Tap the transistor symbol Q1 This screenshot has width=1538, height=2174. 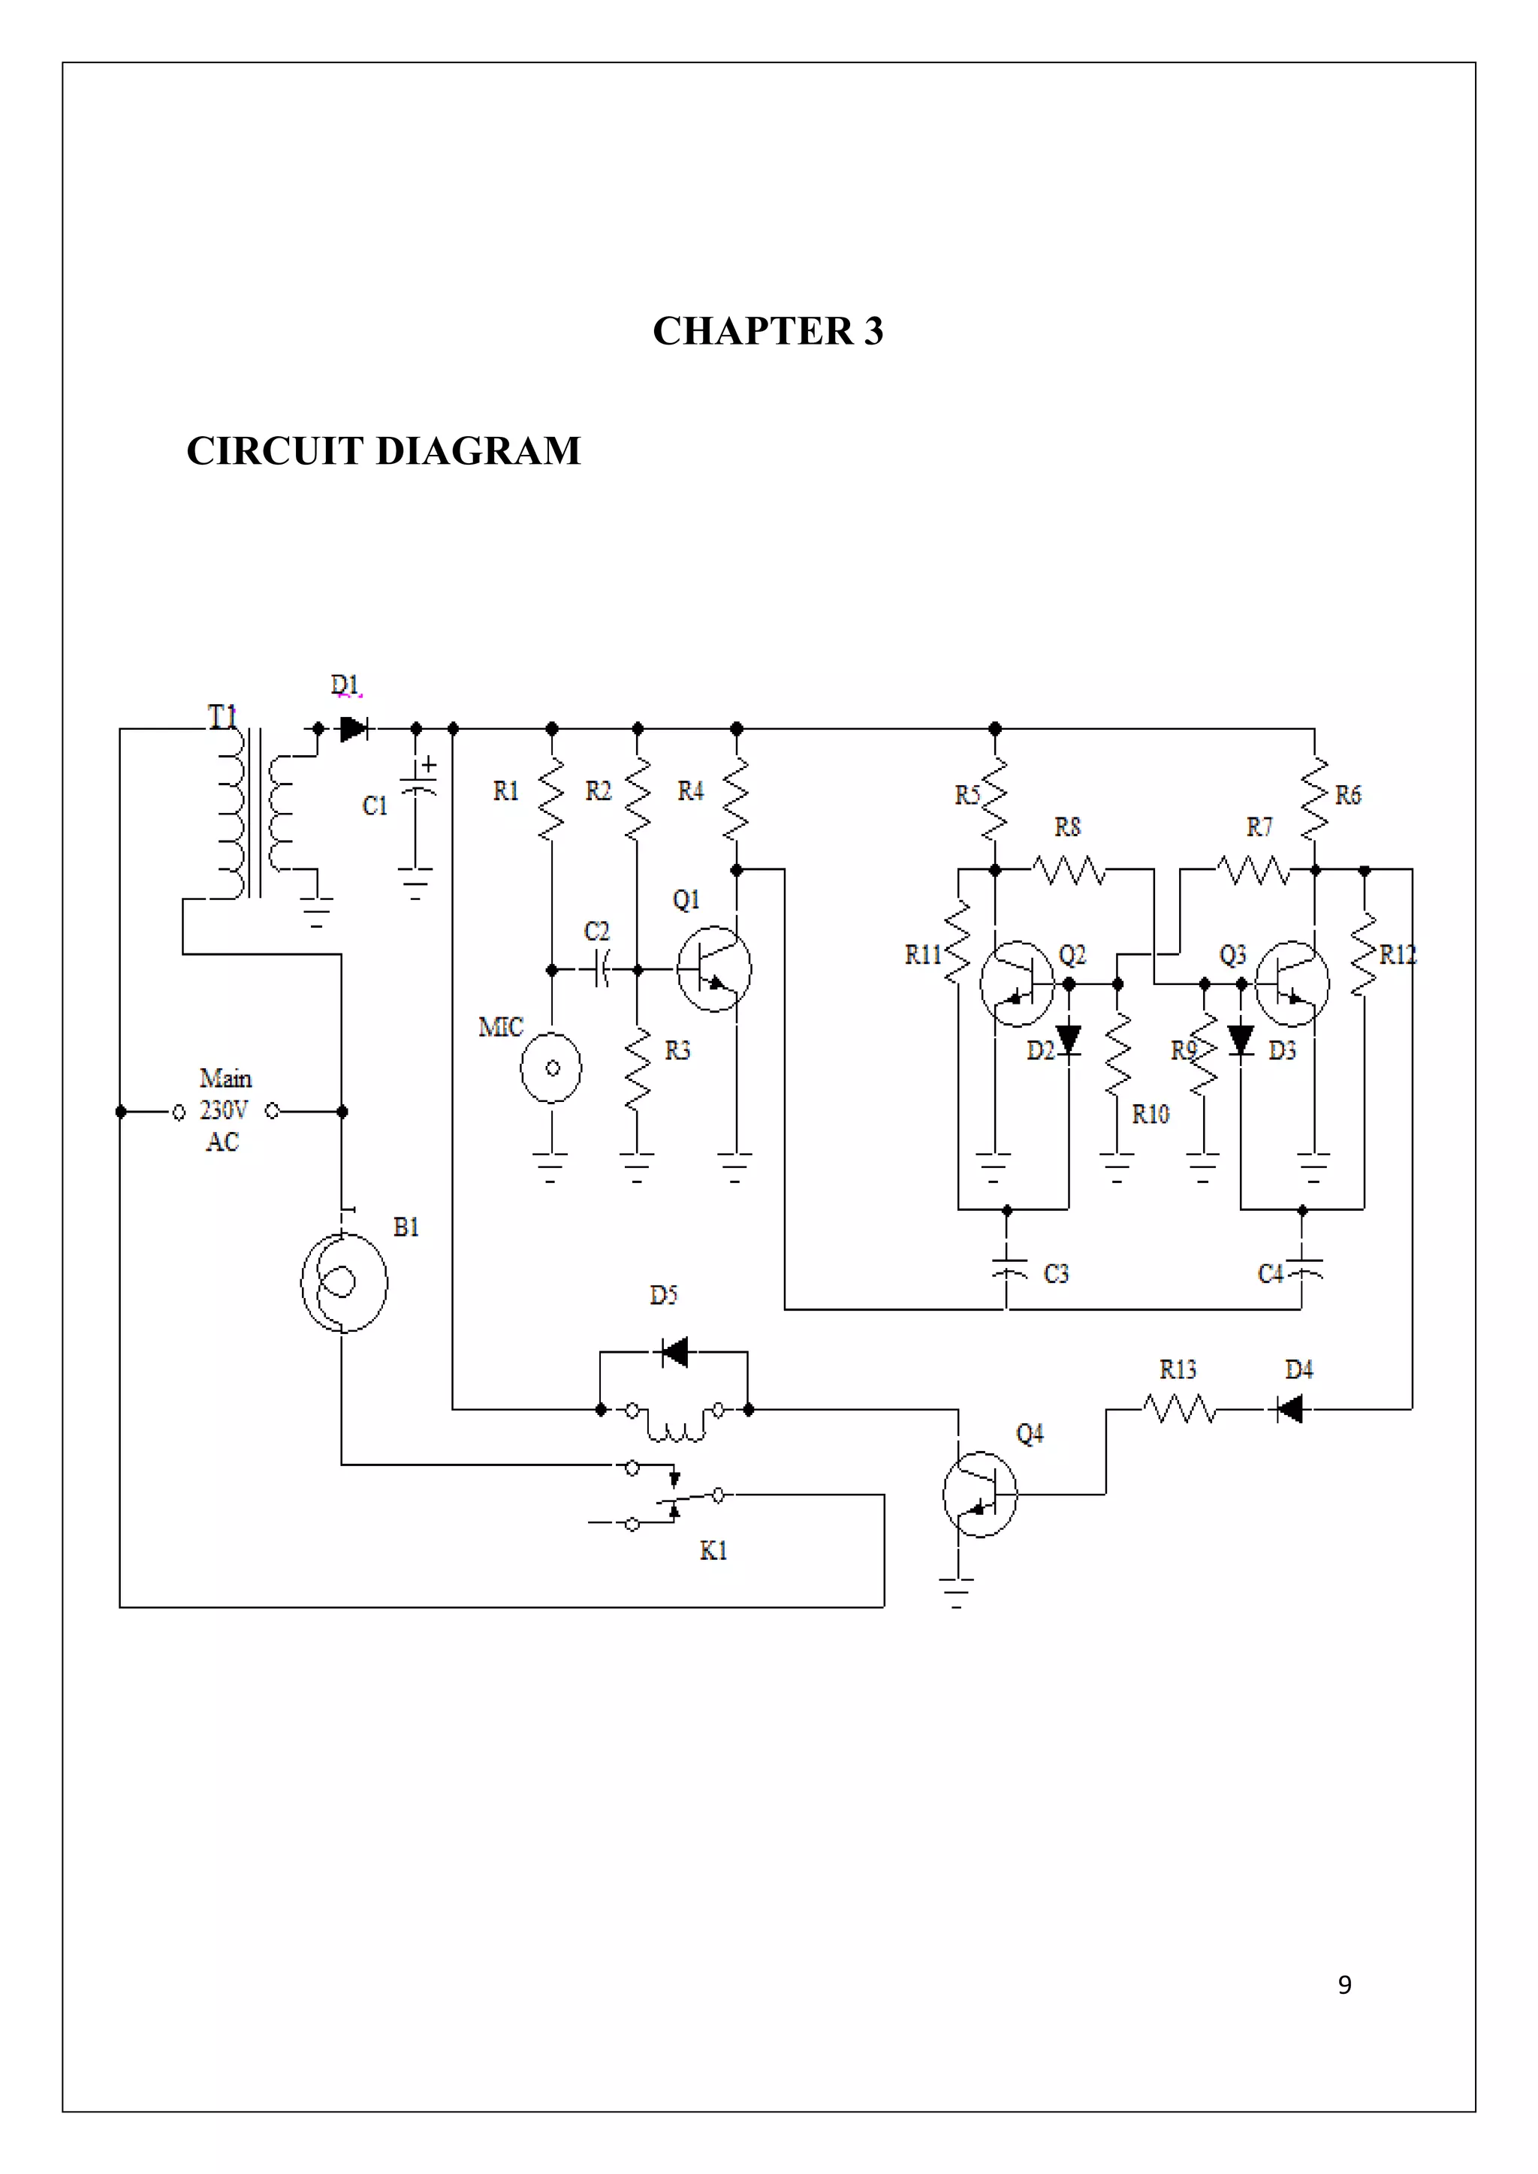(714, 968)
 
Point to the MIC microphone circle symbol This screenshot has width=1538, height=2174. (551, 1068)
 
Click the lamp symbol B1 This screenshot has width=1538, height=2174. (344, 1283)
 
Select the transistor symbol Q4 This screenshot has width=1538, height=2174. (979, 1494)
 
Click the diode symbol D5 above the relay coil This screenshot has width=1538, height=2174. (674, 1352)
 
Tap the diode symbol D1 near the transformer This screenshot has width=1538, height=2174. (353, 728)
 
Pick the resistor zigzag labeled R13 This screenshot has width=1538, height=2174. (1179, 1409)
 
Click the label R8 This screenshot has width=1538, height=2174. (1067, 827)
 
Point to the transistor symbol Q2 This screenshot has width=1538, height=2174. (1016, 983)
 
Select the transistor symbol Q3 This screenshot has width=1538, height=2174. (1292, 983)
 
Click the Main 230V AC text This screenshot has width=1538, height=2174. (225, 1110)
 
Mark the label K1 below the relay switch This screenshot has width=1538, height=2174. (713, 1551)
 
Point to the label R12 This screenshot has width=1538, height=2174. (1397, 954)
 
